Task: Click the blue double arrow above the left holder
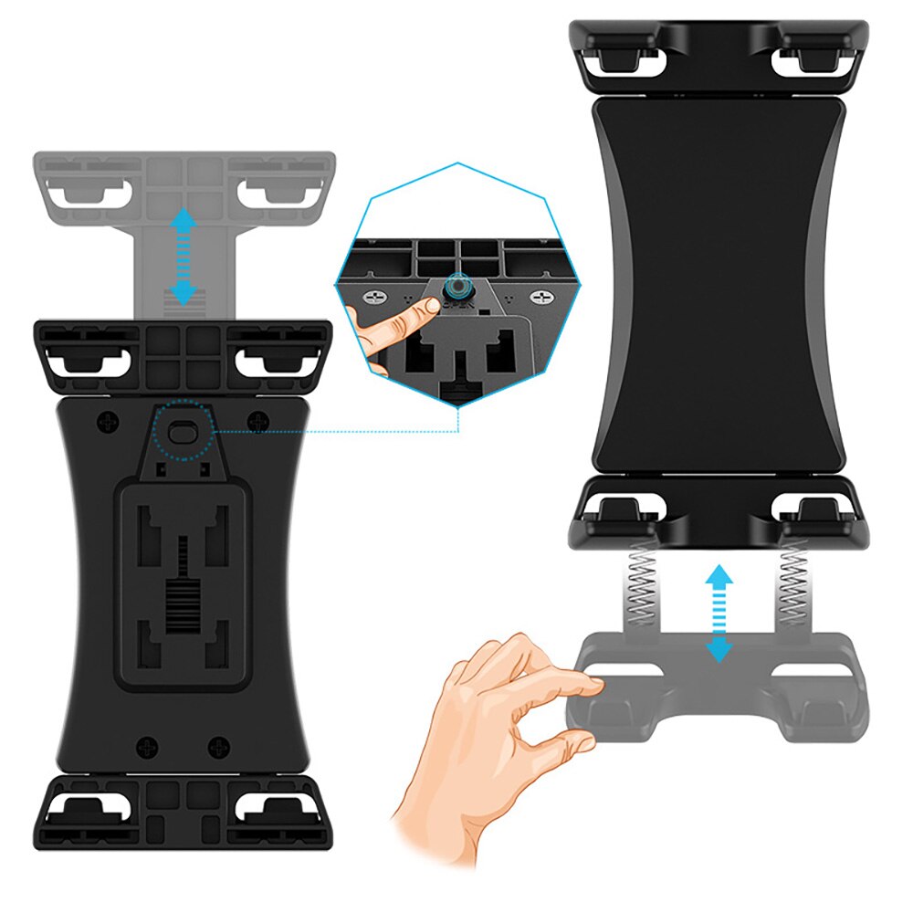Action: pyautogui.click(x=184, y=257)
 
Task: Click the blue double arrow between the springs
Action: pyautogui.click(x=720, y=612)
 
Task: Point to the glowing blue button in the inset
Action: pyautogui.click(x=453, y=289)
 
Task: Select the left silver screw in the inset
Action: pyautogui.click(x=374, y=298)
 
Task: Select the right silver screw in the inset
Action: pyautogui.click(x=542, y=298)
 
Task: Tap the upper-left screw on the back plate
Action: pyautogui.click(x=109, y=422)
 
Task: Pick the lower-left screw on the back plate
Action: pyautogui.click(x=146, y=748)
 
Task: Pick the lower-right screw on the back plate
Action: pyautogui.click(x=219, y=748)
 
